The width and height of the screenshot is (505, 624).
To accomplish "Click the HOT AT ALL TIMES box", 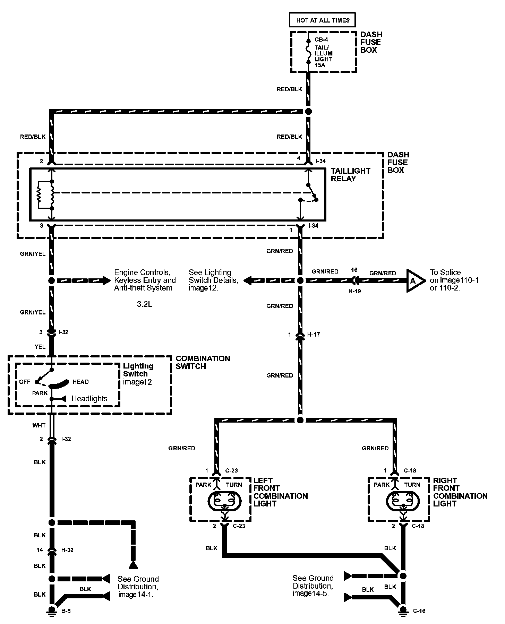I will tap(323, 20).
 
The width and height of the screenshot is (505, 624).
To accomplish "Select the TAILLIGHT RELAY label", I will tap(350, 175).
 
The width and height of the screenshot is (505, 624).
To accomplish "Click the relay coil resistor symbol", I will tap(39, 195).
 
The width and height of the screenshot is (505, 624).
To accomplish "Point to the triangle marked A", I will tap(415, 281).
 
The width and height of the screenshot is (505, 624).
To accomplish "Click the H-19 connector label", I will tap(354, 291).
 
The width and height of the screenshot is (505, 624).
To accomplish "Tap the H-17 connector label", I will tap(314, 335).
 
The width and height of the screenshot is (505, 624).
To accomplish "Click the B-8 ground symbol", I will tap(52, 610).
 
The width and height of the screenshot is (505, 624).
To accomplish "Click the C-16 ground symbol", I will tap(403, 610).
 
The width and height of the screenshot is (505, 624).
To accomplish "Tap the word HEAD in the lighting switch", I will tap(80, 382).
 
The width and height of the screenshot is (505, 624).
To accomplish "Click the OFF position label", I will tap(25, 382).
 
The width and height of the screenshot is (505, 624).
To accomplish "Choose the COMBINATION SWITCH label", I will tap(203, 362).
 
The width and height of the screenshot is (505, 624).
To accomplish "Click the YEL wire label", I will tap(40, 346).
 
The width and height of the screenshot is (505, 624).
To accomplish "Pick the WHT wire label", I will tap(39, 425).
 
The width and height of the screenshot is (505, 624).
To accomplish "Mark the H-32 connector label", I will tap(67, 550).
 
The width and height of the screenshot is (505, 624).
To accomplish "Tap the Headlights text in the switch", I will tap(89, 399).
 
